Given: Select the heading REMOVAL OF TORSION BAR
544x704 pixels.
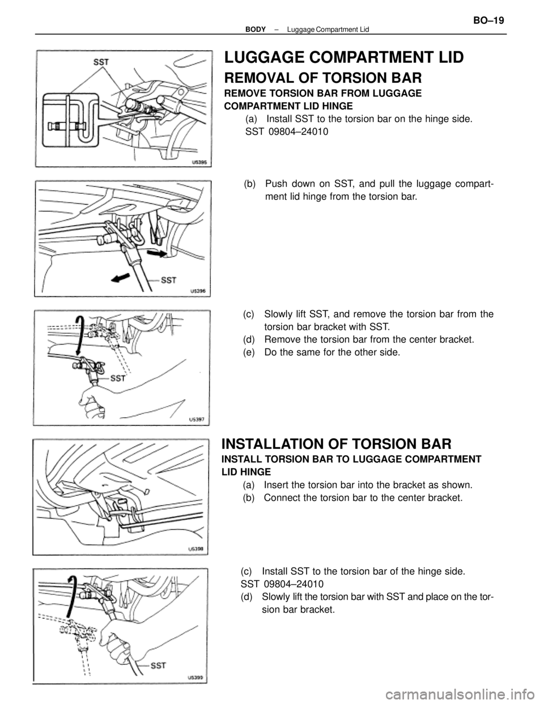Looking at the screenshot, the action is tap(323, 78).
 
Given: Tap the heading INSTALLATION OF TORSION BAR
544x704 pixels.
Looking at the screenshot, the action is tap(337, 443).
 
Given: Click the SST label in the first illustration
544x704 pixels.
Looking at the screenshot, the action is tap(101, 62).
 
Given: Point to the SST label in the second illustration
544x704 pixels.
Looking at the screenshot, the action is tap(169, 280).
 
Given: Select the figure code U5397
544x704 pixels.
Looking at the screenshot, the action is tap(197, 419).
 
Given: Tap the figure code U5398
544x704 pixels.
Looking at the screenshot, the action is tap(197, 549).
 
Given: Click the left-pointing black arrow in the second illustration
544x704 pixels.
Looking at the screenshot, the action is tap(120, 278).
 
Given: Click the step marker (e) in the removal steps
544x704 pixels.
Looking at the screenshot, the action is tap(250, 353).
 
